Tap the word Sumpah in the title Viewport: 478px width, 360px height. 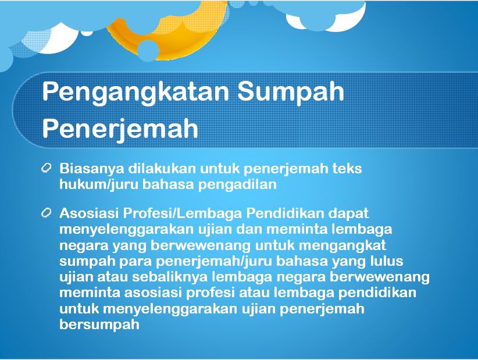[291, 91]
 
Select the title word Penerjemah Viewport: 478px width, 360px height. [120, 129]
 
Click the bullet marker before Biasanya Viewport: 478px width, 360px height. [46, 168]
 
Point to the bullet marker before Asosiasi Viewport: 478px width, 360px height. [46, 212]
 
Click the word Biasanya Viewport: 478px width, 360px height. [92, 169]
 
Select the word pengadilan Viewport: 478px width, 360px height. [237, 185]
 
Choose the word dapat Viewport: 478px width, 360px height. [348, 214]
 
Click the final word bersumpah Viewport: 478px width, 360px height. [99, 325]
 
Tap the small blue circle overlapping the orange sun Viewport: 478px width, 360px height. [148, 51]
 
